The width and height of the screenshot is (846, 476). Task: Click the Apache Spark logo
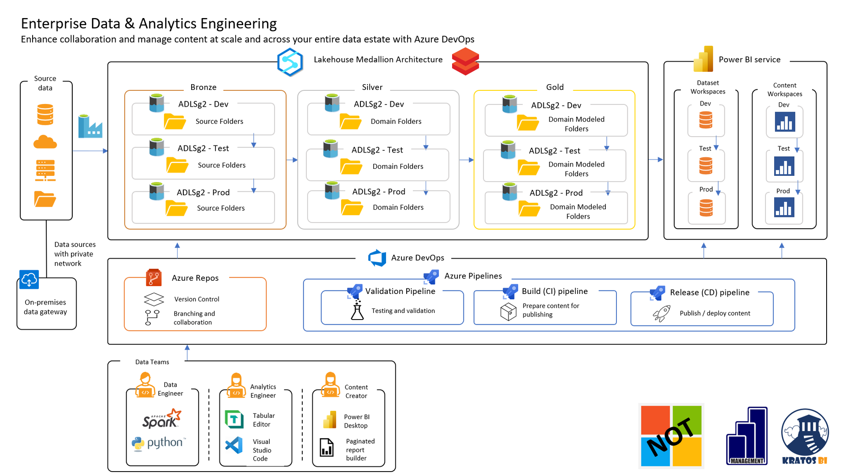pyautogui.click(x=161, y=419)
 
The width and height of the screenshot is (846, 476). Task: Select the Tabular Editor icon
pyautogui.click(x=234, y=419)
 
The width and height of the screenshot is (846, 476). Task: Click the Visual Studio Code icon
pyautogui.click(x=234, y=446)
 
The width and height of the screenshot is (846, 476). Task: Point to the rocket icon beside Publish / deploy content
pyautogui.click(x=661, y=313)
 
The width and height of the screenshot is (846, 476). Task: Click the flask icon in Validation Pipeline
pyautogui.click(x=357, y=310)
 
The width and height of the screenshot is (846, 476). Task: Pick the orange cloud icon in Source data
pyautogui.click(x=45, y=142)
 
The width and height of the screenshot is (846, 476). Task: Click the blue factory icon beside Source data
pyautogui.click(x=90, y=126)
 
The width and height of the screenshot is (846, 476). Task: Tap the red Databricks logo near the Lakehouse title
pyautogui.click(x=465, y=61)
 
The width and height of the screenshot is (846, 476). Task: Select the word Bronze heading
pyautogui.click(x=203, y=87)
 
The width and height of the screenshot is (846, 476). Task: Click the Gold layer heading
pyautogui.click(x=555, y=87)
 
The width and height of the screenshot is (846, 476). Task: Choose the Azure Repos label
pyautogui.click(x=195, y=278)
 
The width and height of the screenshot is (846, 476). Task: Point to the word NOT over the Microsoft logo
pyautogui.click(x=671, y=436)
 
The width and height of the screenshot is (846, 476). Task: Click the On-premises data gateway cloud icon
pyautogui.click(x=29, y=280)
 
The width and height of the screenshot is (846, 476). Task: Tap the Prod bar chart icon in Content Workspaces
pyautogui.click(x=784, y=207)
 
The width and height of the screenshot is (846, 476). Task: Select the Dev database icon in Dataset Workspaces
pyautogui.click(x=706, y=120)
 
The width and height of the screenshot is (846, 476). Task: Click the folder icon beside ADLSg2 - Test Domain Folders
pyautogui.click(x=351, y=167)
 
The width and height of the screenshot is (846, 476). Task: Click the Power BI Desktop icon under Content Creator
pyautogui.click(x=330, y=420)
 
